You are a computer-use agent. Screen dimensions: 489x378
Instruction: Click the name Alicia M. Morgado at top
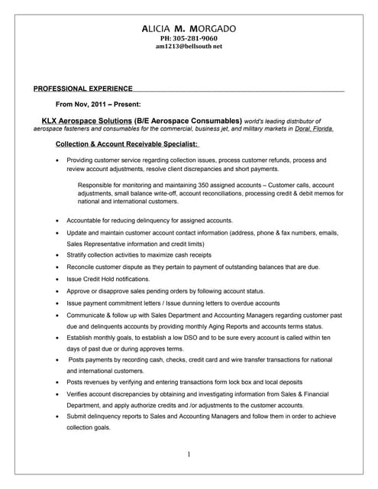click(x=189, y=28)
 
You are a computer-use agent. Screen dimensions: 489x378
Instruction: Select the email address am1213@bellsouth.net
click(x=188, y=47)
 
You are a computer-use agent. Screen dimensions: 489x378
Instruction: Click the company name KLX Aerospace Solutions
click(x=86, y=121)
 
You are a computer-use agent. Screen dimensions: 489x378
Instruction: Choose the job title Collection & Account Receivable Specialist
click(x=127, y=144)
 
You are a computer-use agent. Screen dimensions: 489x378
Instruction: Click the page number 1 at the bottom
click(x=189, y=455)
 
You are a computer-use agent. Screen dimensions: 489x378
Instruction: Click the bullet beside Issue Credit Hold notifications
click(x=58, y=280)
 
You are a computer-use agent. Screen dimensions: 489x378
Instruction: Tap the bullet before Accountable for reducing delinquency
click(x=58, y=220)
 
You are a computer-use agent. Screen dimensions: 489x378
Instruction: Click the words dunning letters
click(x=199, y=303)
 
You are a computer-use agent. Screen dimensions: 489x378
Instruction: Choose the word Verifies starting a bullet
click(x=79, y=393)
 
